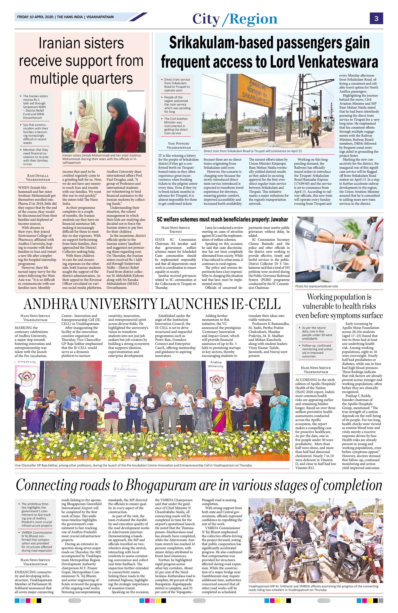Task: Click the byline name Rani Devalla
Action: click(38, 176)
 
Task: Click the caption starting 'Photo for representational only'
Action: click(317, 286)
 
